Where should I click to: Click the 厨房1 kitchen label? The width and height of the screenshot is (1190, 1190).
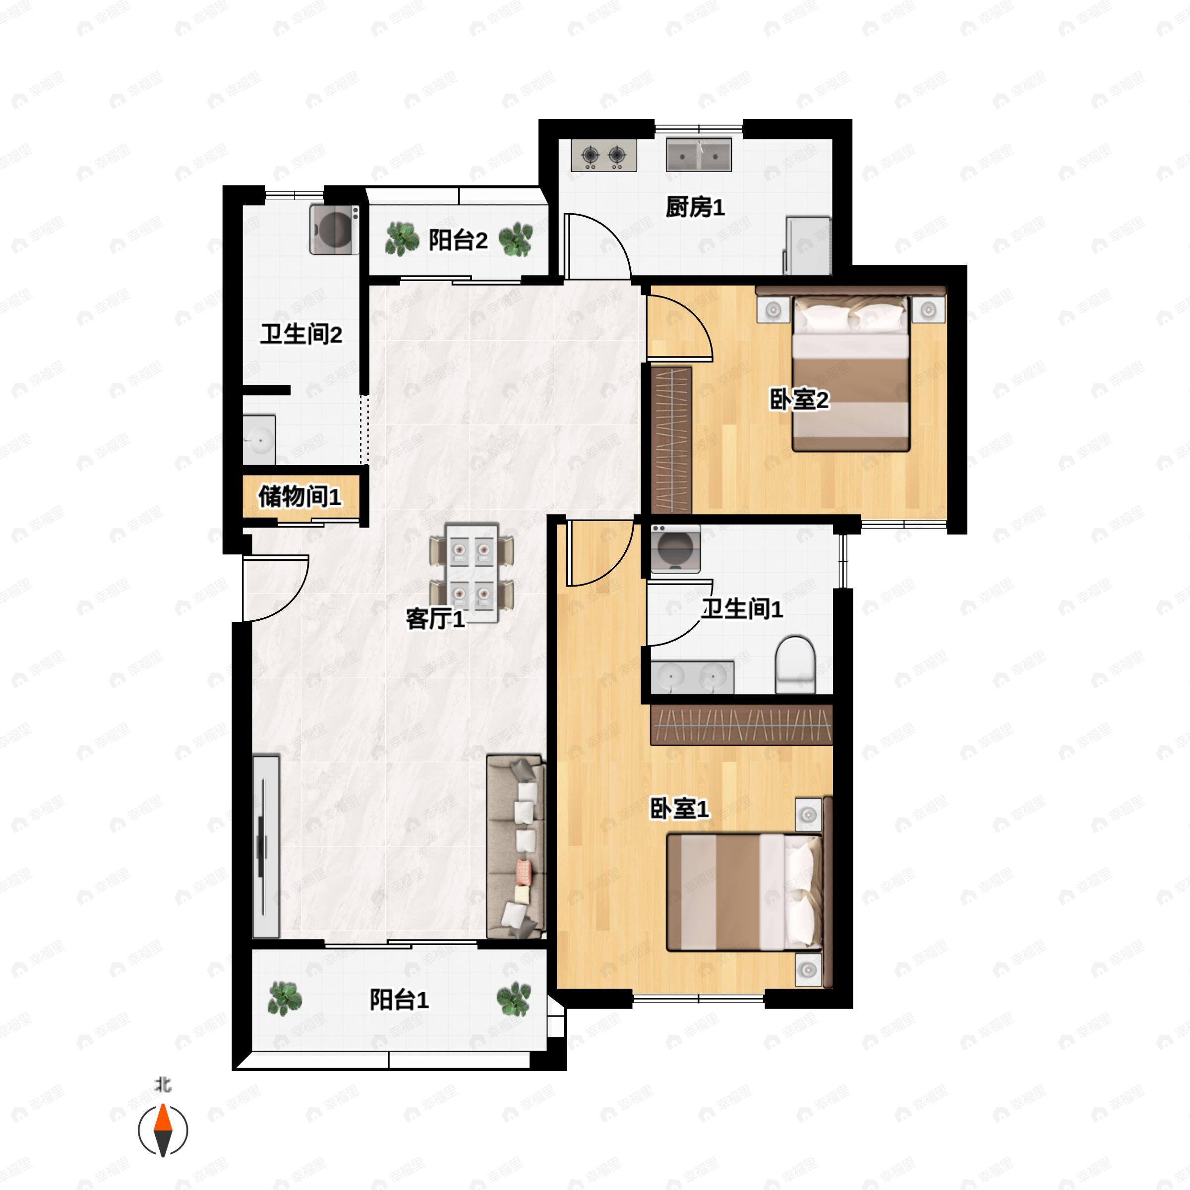coord(695,208)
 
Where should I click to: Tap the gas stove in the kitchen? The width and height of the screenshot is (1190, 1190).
coord(603,155)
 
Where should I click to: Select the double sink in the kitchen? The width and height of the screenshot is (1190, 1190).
coord(699,155)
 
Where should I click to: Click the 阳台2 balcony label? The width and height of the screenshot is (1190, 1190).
coord(458,240)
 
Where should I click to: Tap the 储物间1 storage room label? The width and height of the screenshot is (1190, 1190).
coord(299,496)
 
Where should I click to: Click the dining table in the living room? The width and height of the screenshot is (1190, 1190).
coord(472,572)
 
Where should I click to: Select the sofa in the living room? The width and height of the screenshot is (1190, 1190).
coord(516,847)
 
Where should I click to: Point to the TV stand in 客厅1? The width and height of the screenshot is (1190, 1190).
coord(265,847)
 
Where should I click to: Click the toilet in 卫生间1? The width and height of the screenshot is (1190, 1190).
coord(794,664)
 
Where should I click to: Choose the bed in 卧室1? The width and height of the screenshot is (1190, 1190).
coord(744,892)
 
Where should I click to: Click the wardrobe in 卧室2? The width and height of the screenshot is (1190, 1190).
coord(671,440)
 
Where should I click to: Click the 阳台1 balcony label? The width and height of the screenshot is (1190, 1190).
coord(399,1000)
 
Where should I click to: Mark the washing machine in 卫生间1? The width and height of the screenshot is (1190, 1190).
coord(675,549)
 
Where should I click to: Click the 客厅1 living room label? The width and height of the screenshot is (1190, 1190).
coord(435,618)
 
